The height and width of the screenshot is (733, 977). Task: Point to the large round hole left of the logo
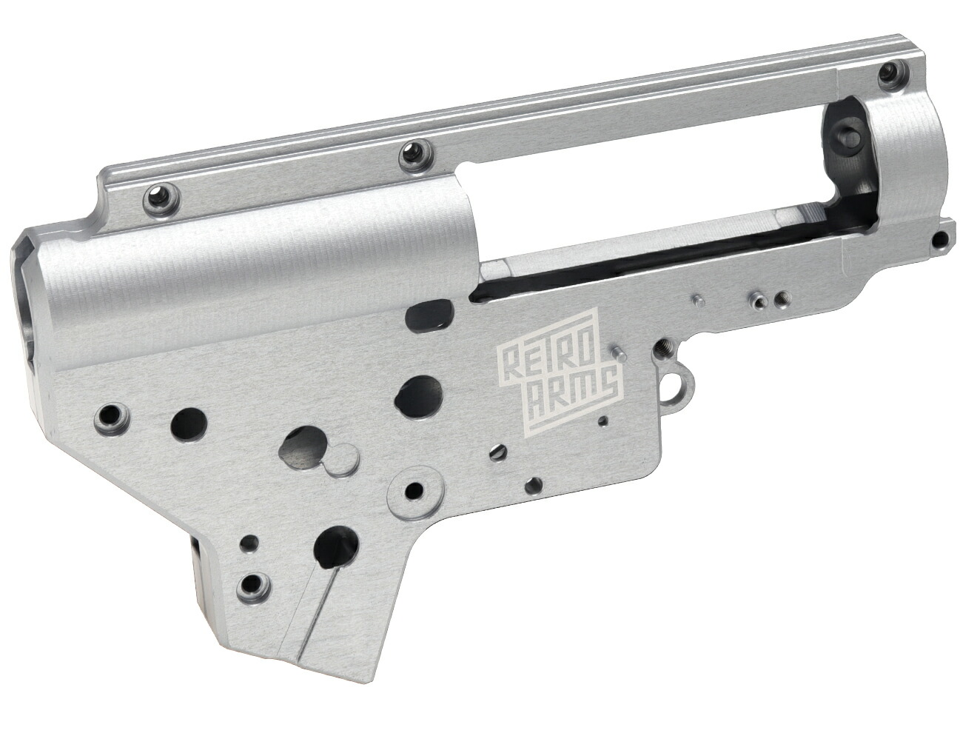[x=418, y=393]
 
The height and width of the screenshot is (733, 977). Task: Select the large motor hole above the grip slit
[x=337, y=546]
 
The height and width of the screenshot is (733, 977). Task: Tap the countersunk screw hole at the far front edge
[x=112, y=412]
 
